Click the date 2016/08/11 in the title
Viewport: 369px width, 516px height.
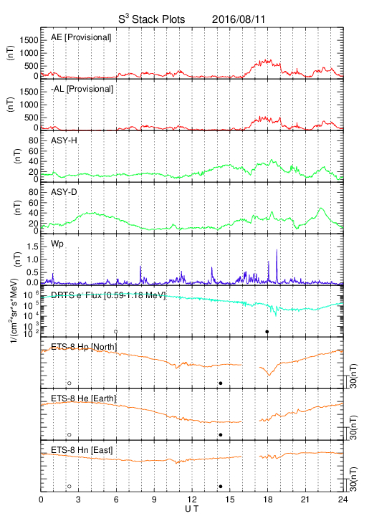[x=238, y=19]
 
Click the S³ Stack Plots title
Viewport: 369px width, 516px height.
[x=152, y=19]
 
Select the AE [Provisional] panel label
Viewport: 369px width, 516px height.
[x=81, y=37]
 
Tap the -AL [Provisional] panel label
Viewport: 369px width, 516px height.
[x=82, y=89]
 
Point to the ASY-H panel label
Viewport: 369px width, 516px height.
[x=64, y=140]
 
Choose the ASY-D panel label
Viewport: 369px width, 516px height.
[x=64, y=192]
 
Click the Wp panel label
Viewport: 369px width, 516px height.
[x=57, y=244]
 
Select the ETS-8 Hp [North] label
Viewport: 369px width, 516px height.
[x=84, y=347]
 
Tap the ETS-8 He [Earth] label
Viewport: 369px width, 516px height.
[x=84, y=398]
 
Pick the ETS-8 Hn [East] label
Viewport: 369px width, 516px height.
[x=82, y=450]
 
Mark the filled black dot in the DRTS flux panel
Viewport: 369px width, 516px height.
[x=267, y=332]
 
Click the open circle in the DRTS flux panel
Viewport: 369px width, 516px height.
[x=115, y=332]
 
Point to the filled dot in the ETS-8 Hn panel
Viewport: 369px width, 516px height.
[x=221, y=487]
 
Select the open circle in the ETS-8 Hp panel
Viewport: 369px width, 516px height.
[x=69, y=383]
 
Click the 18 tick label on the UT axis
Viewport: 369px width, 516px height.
[x=268, y=500]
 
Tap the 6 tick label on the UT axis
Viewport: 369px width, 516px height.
[x=116, y=500]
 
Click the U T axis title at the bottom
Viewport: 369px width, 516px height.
[x=192, y=509]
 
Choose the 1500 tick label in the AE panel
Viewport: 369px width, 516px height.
[x=29, y=40]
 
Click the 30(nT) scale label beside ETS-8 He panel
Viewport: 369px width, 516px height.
[x=353, y=427]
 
